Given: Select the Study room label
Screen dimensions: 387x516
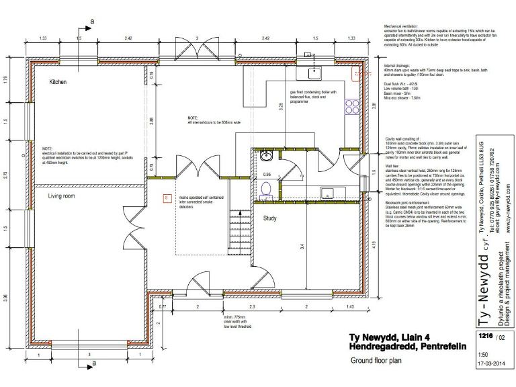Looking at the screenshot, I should pyautogui.click(x=270, y=218).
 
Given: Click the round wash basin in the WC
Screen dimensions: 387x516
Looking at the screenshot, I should pyautogui.click(x=267, y=157).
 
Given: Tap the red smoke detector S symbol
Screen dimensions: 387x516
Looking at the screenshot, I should pyautogui.click(x=167, y=198).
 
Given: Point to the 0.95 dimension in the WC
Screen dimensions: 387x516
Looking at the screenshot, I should pyautogui.click(x=267, y=174).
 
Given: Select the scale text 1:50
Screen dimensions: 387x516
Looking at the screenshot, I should pyautogui.click(x=483, y=354).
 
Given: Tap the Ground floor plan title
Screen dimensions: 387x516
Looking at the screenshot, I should pyautogui.click(x=376, y=361).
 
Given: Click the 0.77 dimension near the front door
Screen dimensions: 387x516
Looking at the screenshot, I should pyautogui.click(x=162, y=306).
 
